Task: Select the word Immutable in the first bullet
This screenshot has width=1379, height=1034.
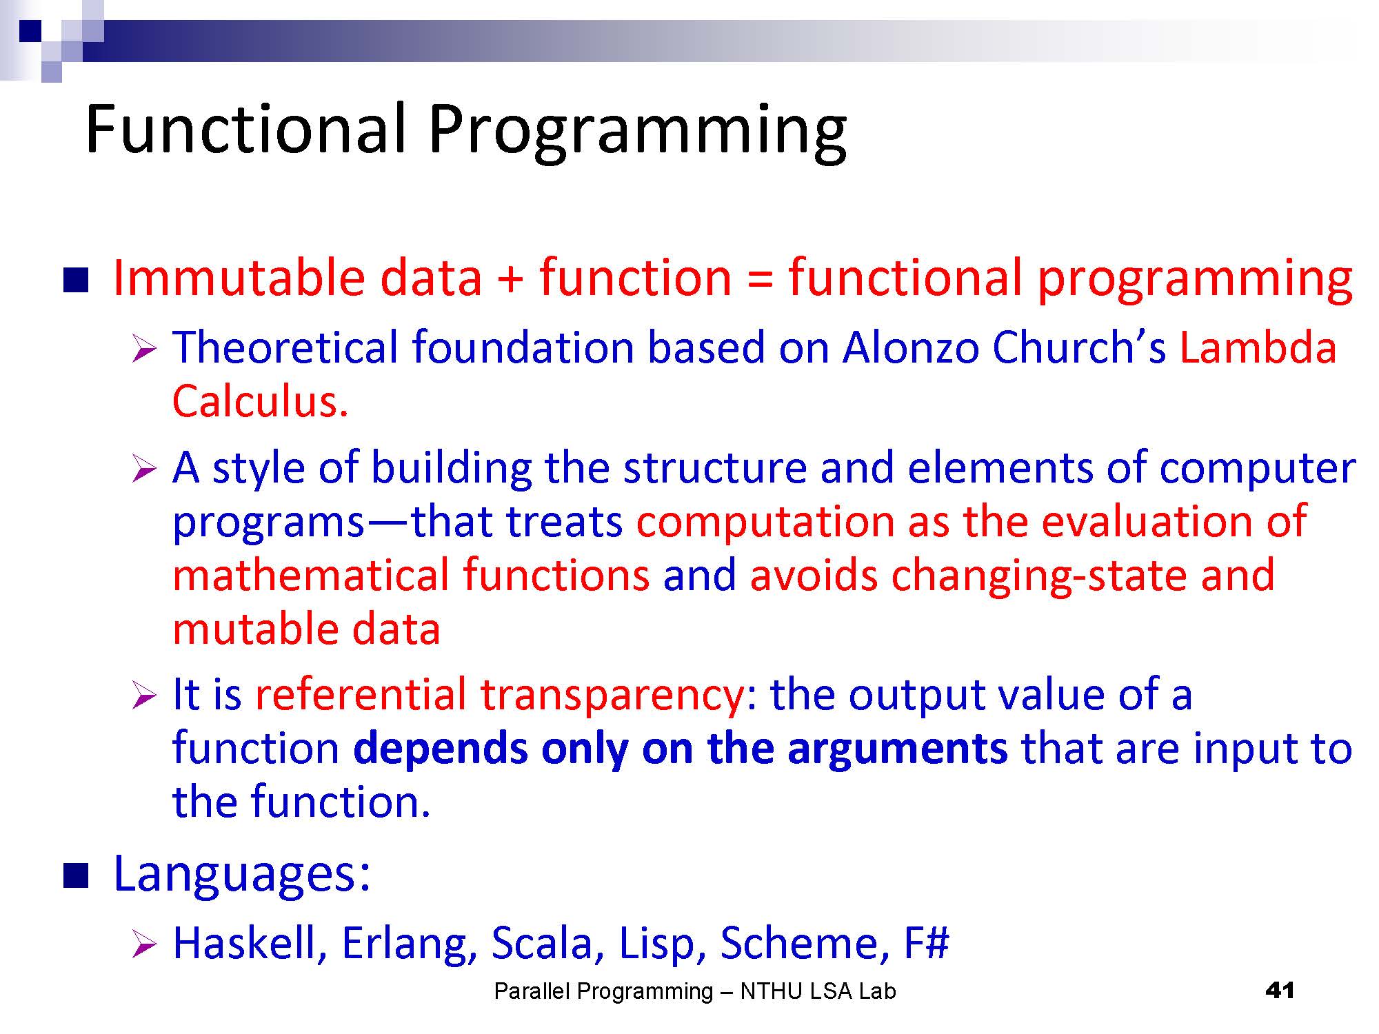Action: (x=238, y=277)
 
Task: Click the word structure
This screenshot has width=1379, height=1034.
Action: (x=714, y=467)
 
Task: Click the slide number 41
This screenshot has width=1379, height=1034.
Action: (x=1280, y=991)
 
